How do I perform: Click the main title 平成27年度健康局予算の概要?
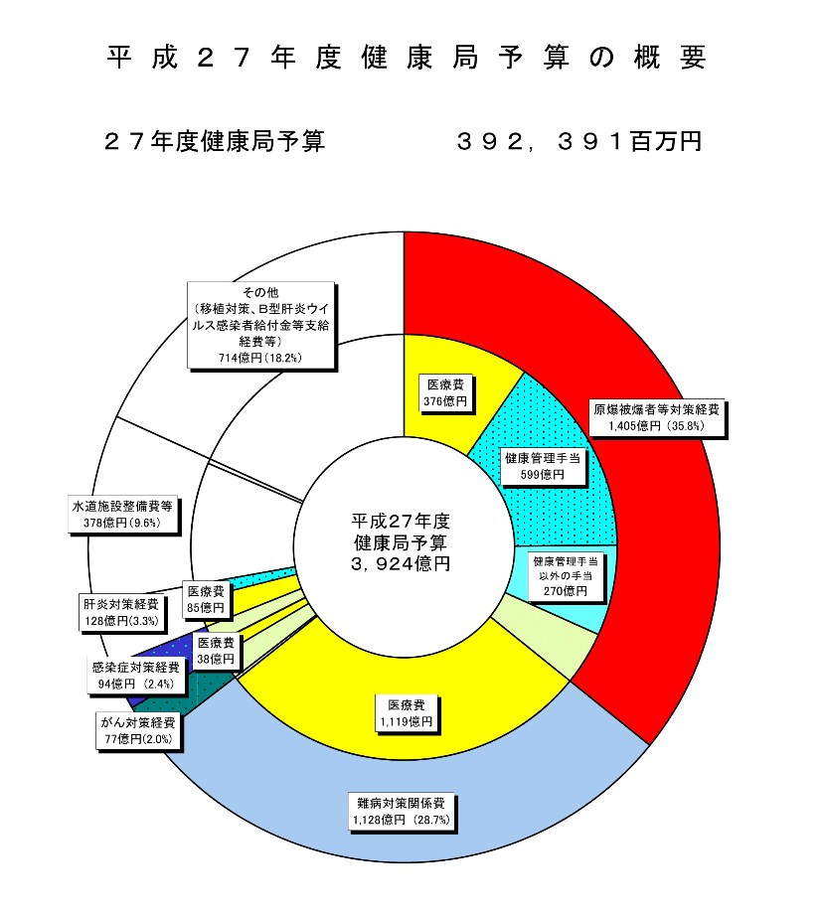point(407,58)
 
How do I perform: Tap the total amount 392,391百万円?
point(579,141)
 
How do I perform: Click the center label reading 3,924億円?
point(401,564)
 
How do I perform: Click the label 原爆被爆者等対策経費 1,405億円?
point(656,417)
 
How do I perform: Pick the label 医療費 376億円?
point(445,393)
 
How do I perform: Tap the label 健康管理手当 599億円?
point(543,466)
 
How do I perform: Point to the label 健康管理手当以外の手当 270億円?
point(565,576)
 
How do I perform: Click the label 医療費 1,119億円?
point(407,713)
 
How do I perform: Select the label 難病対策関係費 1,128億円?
point(402,811)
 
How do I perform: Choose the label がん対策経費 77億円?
point(138,730)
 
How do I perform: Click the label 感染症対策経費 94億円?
point(136,676)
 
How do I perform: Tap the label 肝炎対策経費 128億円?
point(121,612)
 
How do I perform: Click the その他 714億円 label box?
point(260,325)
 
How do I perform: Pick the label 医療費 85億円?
point(206,599)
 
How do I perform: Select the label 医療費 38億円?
point(216,651)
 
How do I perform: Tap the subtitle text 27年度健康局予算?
point(214,141)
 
